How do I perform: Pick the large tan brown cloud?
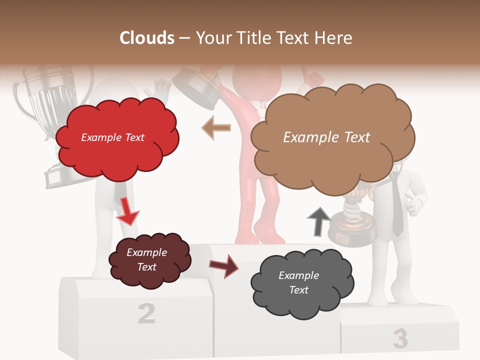coord(332,137)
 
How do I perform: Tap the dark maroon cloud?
coord(148,260)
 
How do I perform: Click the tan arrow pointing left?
coord(216,128)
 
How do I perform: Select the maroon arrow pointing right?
coord(224,266)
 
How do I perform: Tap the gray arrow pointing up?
coord(318,221)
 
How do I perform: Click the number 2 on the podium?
coord(146,313)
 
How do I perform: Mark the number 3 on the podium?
coord(400,338)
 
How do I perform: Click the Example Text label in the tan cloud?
coord(326,137)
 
